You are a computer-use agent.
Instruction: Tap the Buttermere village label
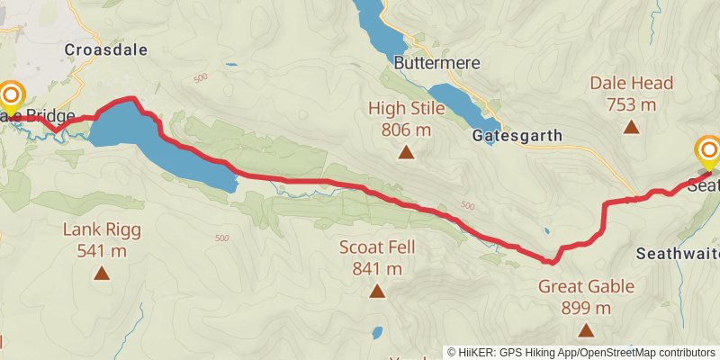pyautogui.click(x=437, y=64)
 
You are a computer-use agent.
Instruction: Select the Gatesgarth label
pyautogui.click(x=517, y=136)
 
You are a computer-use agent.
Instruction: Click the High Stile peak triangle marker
pyautogui.click(x=407, y=153)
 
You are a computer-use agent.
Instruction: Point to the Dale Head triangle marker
pyautogui.click(x=632, y=127)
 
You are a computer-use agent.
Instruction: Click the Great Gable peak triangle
pyautogui.click(x=586, y=330)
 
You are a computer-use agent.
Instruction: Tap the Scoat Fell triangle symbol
pyautogui.click(x=376, y=291)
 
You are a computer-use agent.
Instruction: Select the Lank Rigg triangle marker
pyautogui.click(x=102, y=273)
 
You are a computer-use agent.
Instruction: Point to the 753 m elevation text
pyautogui.click(x=632, y=104)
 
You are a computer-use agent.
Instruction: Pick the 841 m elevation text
pyautogui.click(x=377, y=268)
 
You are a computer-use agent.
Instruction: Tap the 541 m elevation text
pyautogui.click(x=102, y=250)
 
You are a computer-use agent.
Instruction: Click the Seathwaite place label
pyautogui.click(x=677, y=254)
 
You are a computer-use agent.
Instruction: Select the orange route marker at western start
pyautogui.click(x=12, y=95)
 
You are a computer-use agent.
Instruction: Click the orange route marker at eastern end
pyautogui.click(x=709, y=150)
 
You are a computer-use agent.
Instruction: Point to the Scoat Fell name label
pyautogui.click(x=377, y=247)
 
